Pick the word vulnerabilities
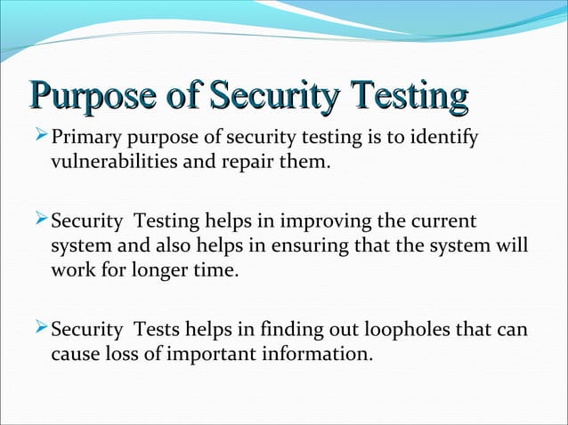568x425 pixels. (108, 164)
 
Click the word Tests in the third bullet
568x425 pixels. (157, 332)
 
